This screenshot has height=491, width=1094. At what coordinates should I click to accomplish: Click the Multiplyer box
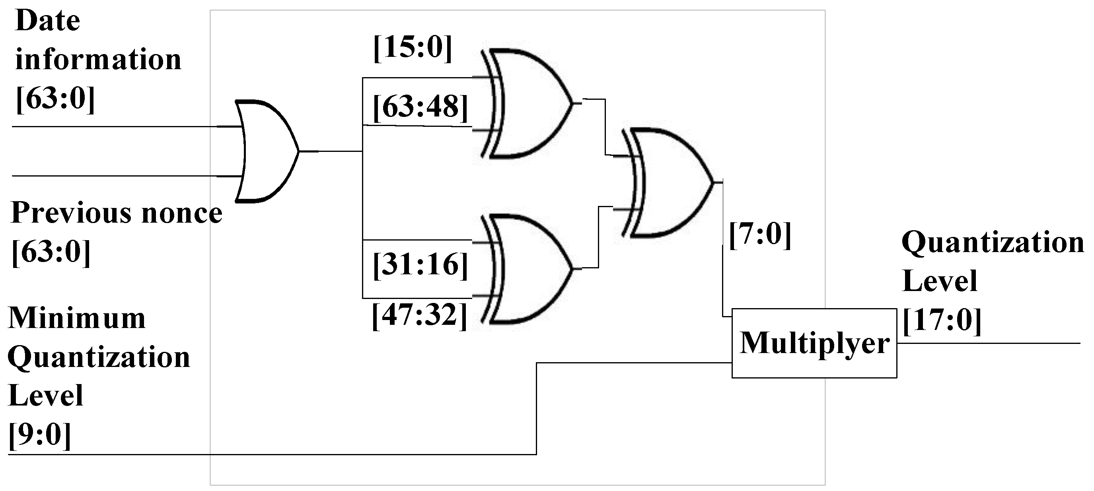(x=814, y=343)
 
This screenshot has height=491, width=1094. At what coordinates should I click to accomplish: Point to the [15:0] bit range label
(x=413, y=48)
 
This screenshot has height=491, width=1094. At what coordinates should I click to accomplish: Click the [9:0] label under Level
(x=39, y=435)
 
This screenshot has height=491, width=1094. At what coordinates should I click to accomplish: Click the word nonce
(x=182, y=213)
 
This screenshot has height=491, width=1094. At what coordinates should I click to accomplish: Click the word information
(x=98, y=59)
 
